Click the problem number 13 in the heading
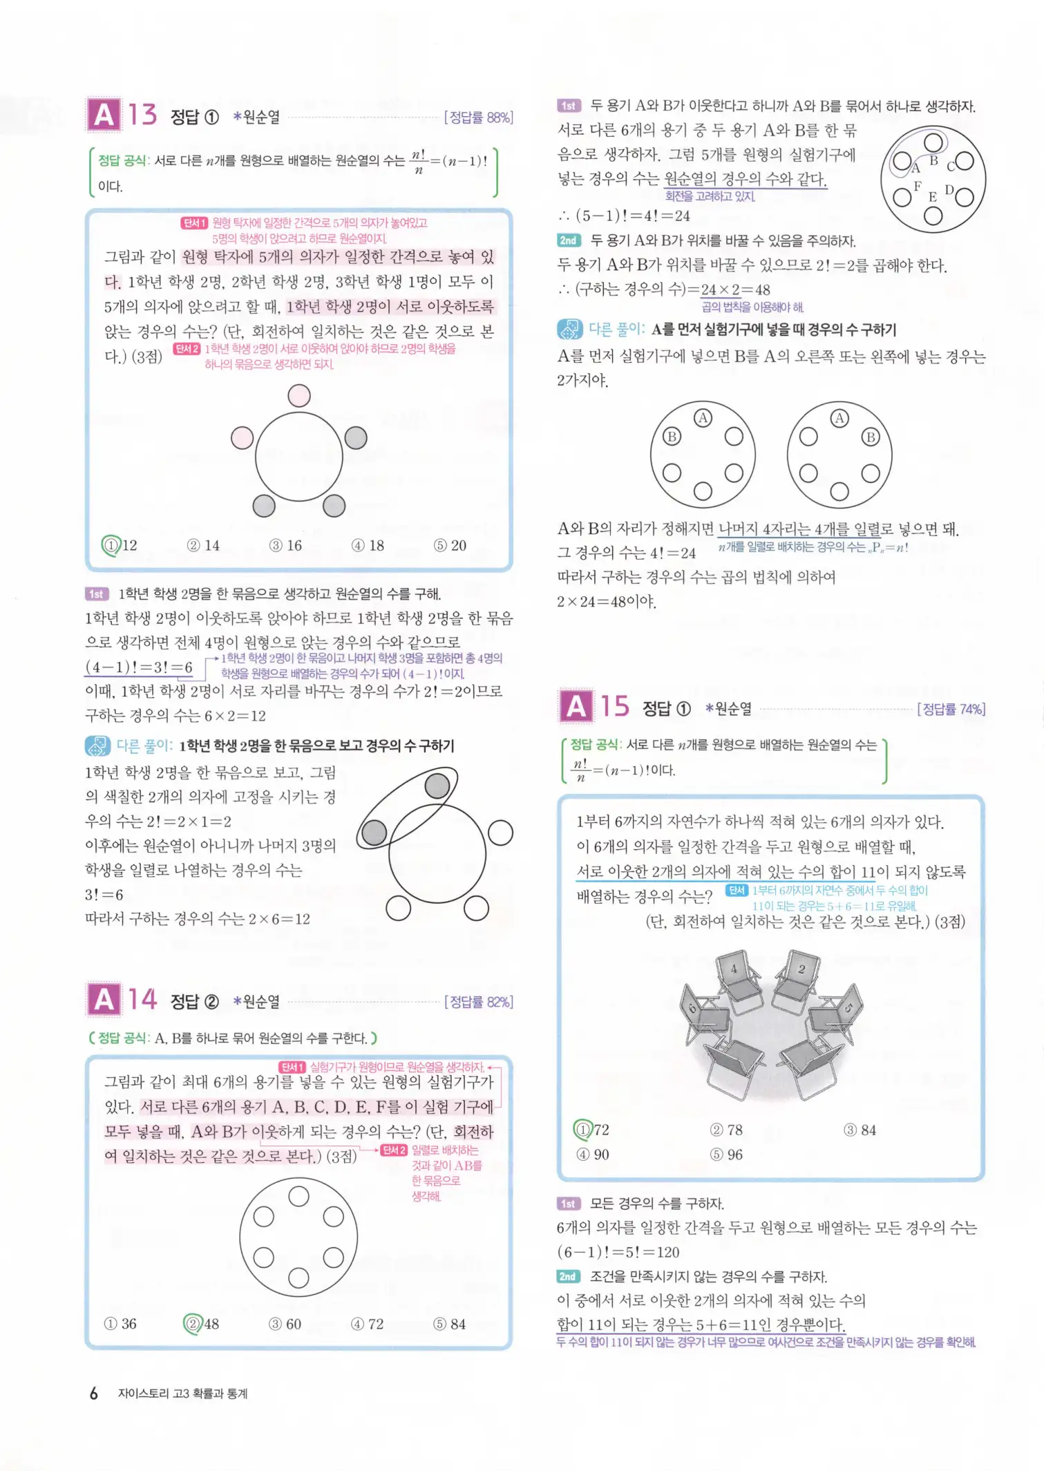pos(142,115)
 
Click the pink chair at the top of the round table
pos(298,396)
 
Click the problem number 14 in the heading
pos(142,1000)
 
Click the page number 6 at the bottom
pos(93,1393)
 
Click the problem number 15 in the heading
pos(614,707)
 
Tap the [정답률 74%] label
pos(951,709)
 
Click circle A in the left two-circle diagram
pos(703,418)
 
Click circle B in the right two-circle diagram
pos(871,437)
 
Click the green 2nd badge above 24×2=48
pos(568,240)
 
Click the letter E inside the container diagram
pos(932,197)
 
